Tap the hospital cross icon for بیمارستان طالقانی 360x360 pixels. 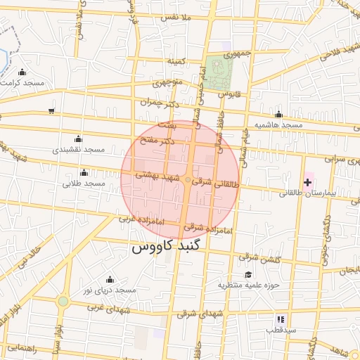[x=307, y=182]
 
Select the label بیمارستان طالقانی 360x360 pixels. [x=309, y=193]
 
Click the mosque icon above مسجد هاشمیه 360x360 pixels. [x=279, y=115]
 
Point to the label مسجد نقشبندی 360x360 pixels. [x=78, y=150]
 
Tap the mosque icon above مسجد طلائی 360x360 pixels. [x=84, y=173]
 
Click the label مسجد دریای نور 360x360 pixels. [x=109, y=290]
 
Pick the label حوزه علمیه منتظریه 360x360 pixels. [x=248, y=285]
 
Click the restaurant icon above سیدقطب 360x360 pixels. [x=281, y=319]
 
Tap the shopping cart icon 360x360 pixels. [x=51, y=110]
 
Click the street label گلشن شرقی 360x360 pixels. [x=260, y=258]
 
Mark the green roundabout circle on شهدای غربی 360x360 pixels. [x=63, y=302]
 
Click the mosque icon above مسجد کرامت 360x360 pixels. [x=22, y=72]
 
